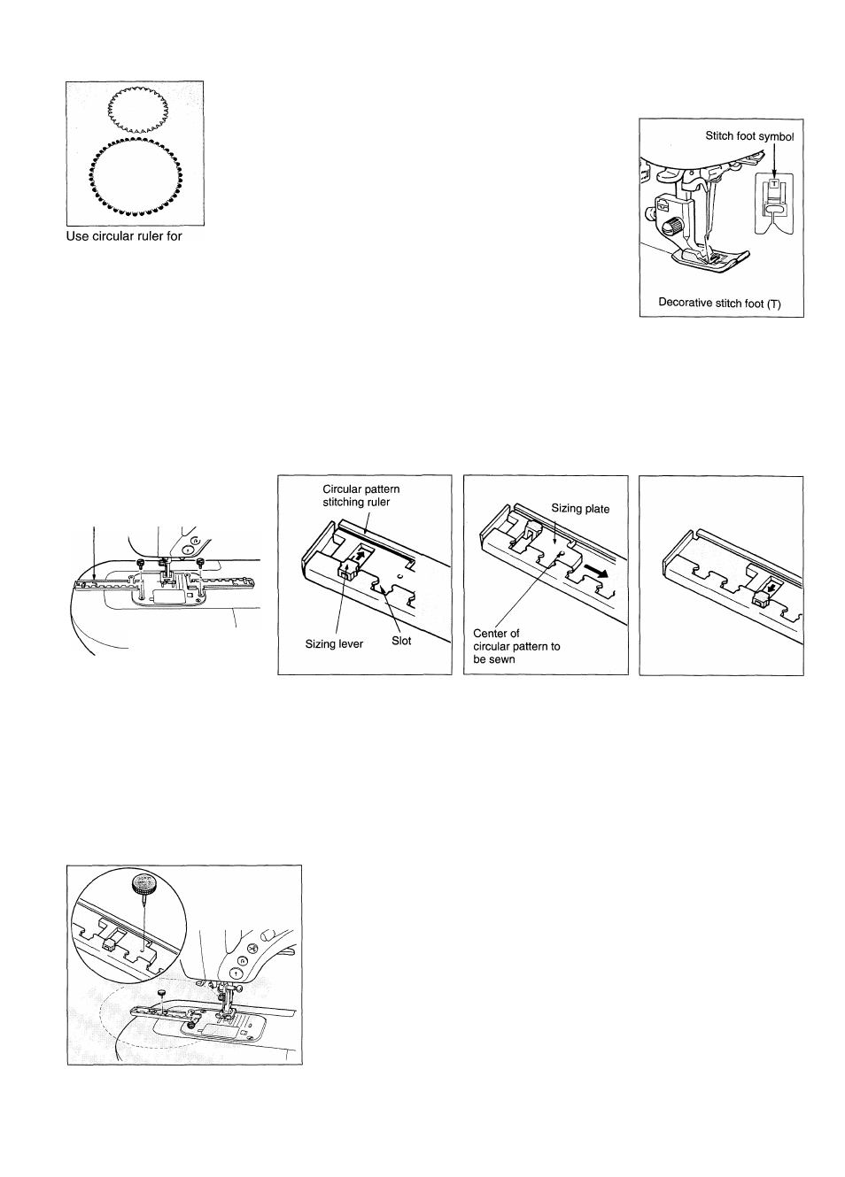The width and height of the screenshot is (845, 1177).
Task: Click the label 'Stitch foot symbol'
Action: pyautogui.click(x=755, y=136)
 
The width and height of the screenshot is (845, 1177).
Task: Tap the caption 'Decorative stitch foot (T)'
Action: pyautogui.click(x=719, y=302)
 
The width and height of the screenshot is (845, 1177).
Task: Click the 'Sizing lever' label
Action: pyautogui.click(x=334, y=643)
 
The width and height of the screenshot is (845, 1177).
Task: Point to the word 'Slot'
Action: pyautogui.click(x=401, y=640)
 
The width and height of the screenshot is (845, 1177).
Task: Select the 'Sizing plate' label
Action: pyautogui.click(x=580, y=509)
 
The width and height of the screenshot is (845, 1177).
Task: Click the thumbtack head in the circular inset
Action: pyautogui.click(x=141, y=882)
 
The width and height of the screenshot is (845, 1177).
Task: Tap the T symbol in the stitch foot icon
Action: pyautogui.click(x=774, y=184)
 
